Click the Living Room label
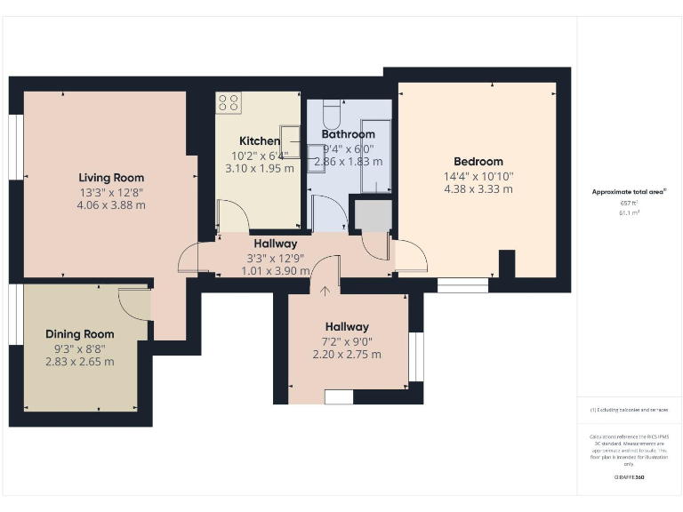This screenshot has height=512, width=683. pyautogui.click(x=111, y=178)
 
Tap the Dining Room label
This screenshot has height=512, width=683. pyautogui.click(x=80, y=334)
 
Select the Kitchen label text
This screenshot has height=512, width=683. pyautogui.click(x=260, y=141)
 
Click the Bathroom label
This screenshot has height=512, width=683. pyautogui.click(x=348, y=134)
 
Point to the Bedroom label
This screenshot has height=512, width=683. pyautogui.click(x=478, y=162)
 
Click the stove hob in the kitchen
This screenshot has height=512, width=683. pyautogui.click(x=228, y=102)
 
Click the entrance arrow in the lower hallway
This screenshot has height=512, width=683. pyautogui.click(x=325, y=289)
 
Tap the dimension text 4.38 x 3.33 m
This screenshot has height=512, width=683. pyautogui.click(x=478, y=188)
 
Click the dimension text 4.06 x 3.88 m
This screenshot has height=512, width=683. pyautogui.click(x=111, y=204)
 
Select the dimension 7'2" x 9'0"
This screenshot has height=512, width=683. pyautogui.click(x=347, y=340)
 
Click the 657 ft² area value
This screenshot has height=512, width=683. pyautogui.click(x=629, y=204)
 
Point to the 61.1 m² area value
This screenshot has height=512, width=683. pyautogui.click(x=629, y=213)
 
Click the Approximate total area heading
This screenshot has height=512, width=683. pyautogui.click(x=629, y=192)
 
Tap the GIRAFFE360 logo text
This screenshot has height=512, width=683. pyautogui.click(x=629, y=478)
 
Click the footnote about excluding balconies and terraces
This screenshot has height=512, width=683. pyautogui.click(x=629, y=410)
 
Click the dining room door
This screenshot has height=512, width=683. pyautogui.click(x=136, y=303)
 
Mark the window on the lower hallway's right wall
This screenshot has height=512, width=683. pyautogui.click(x=415, y=356)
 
